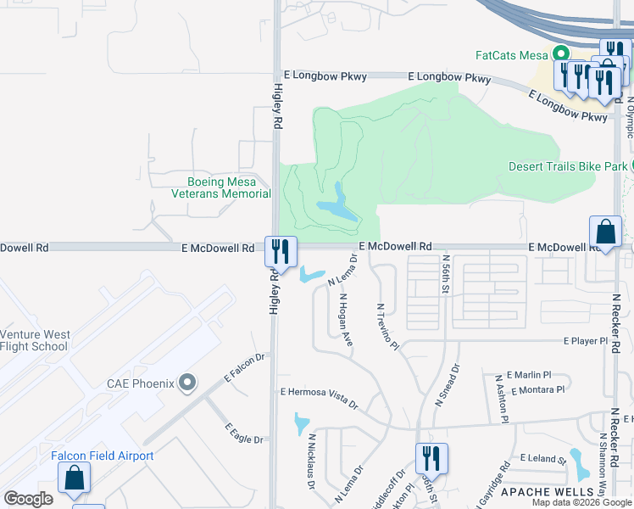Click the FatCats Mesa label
pos(511,55)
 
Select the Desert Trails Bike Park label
pos(568,166)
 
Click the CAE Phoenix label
pos(141,383)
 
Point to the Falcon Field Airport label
pos(103,456)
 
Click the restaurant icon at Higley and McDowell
pos(279,251)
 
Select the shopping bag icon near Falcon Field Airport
pos(74,478)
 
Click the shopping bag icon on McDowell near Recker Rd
pos(605,232)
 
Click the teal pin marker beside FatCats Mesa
pos(560,53)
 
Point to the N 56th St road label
pos(445,273)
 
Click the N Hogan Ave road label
pos(345,320)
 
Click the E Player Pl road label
pos(587,341)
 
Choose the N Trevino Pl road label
pos(387,326)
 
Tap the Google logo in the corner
pos(28,498)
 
